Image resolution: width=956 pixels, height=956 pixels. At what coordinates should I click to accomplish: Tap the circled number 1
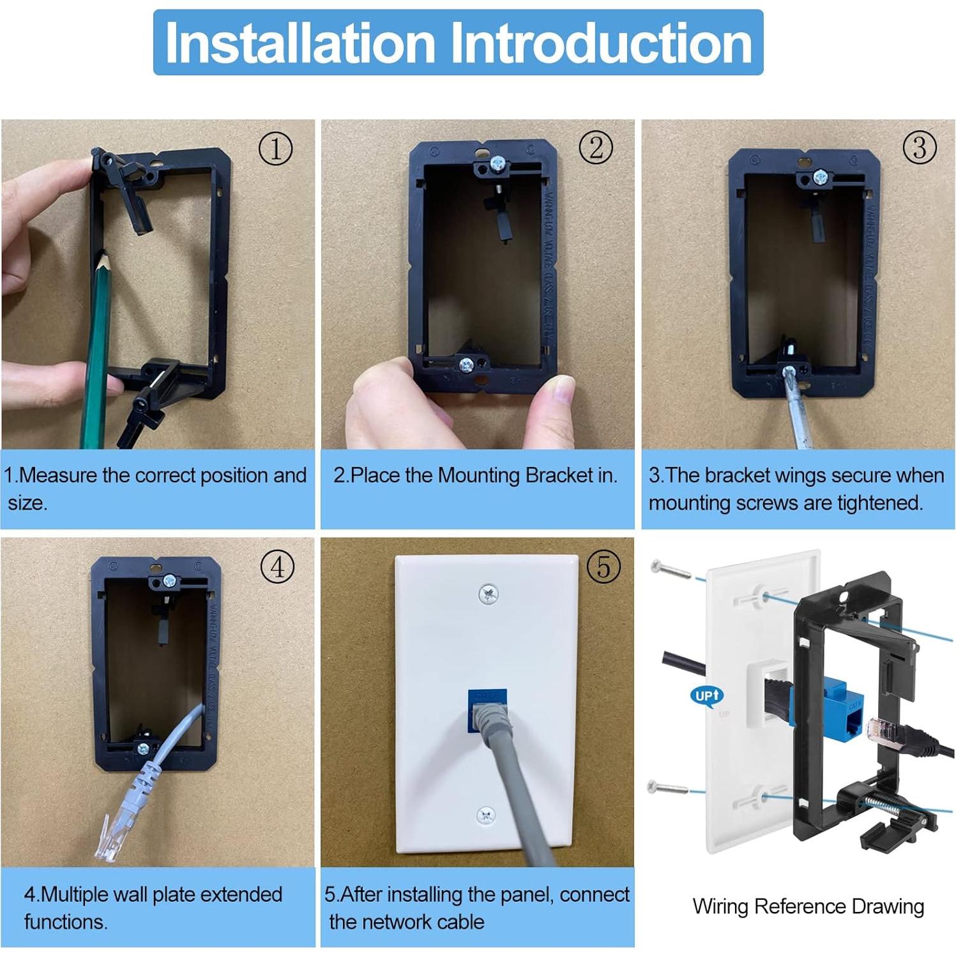275,149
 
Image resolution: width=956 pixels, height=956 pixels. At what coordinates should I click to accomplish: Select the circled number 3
920,148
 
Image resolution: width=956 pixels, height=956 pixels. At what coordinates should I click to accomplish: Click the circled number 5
603,566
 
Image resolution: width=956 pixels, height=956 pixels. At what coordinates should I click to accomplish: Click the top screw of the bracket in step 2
497,167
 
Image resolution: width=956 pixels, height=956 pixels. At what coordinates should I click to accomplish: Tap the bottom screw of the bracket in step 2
467,366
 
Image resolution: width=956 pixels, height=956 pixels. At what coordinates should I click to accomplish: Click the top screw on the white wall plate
488,595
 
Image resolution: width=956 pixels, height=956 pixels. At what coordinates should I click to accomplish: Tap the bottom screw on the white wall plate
486,815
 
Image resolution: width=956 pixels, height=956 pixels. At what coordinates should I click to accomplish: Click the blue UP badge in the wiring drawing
706,695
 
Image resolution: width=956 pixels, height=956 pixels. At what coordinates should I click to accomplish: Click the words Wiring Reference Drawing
808,906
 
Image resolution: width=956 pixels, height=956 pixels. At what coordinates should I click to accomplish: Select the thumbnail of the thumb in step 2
565,389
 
